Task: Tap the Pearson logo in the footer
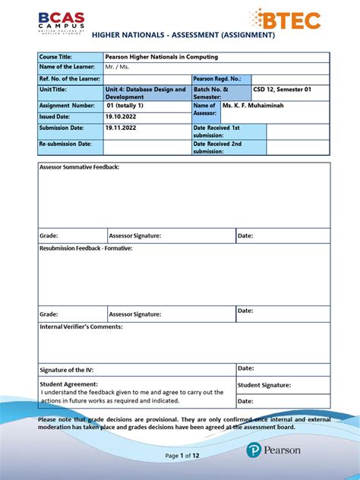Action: click(x=273, y=450)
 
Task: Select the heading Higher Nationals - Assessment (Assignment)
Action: click(x=183, y=36)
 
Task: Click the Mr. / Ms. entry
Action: click(x=118, y=68)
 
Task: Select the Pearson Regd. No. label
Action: click(x=217, y=79)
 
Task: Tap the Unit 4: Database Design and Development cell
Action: click(x=145, y=93)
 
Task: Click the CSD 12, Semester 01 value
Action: click(x=281, y=90)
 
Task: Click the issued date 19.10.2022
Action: click(x=120, y=117)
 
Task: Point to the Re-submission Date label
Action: click(x=65, y=144)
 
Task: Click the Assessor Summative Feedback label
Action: click(x=80, y=166)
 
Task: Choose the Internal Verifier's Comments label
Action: click(x=81, y=327)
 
